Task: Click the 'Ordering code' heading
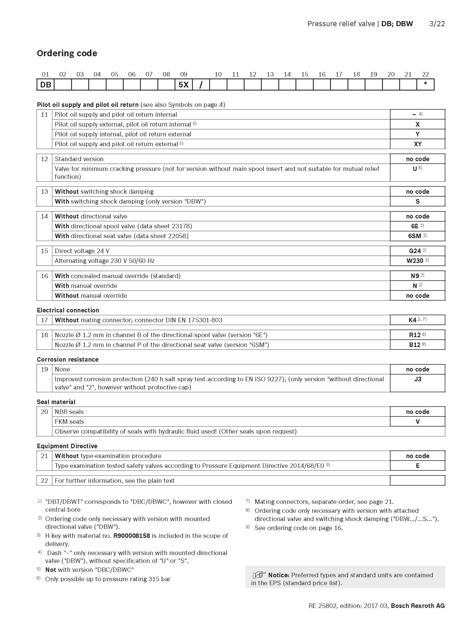pos(67,53)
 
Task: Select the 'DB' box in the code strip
pos(46,85)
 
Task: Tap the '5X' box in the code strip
pos(184,85)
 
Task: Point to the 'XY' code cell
pos(417,144)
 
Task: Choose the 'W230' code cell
pos(417,261)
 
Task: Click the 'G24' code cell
pos(417,251)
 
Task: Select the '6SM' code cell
pos(417,236)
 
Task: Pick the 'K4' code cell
pos(417,320)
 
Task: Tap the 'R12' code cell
pos(417,335)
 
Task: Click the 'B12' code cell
pos(417,345)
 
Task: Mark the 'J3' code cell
pos(417,379)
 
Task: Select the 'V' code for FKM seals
pos(417,421)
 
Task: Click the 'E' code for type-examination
pos(417,466)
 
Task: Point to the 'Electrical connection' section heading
pos(68,310)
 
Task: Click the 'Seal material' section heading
pos(56,402)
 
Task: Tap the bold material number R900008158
pos(132,536)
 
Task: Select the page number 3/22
pos(437,24)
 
